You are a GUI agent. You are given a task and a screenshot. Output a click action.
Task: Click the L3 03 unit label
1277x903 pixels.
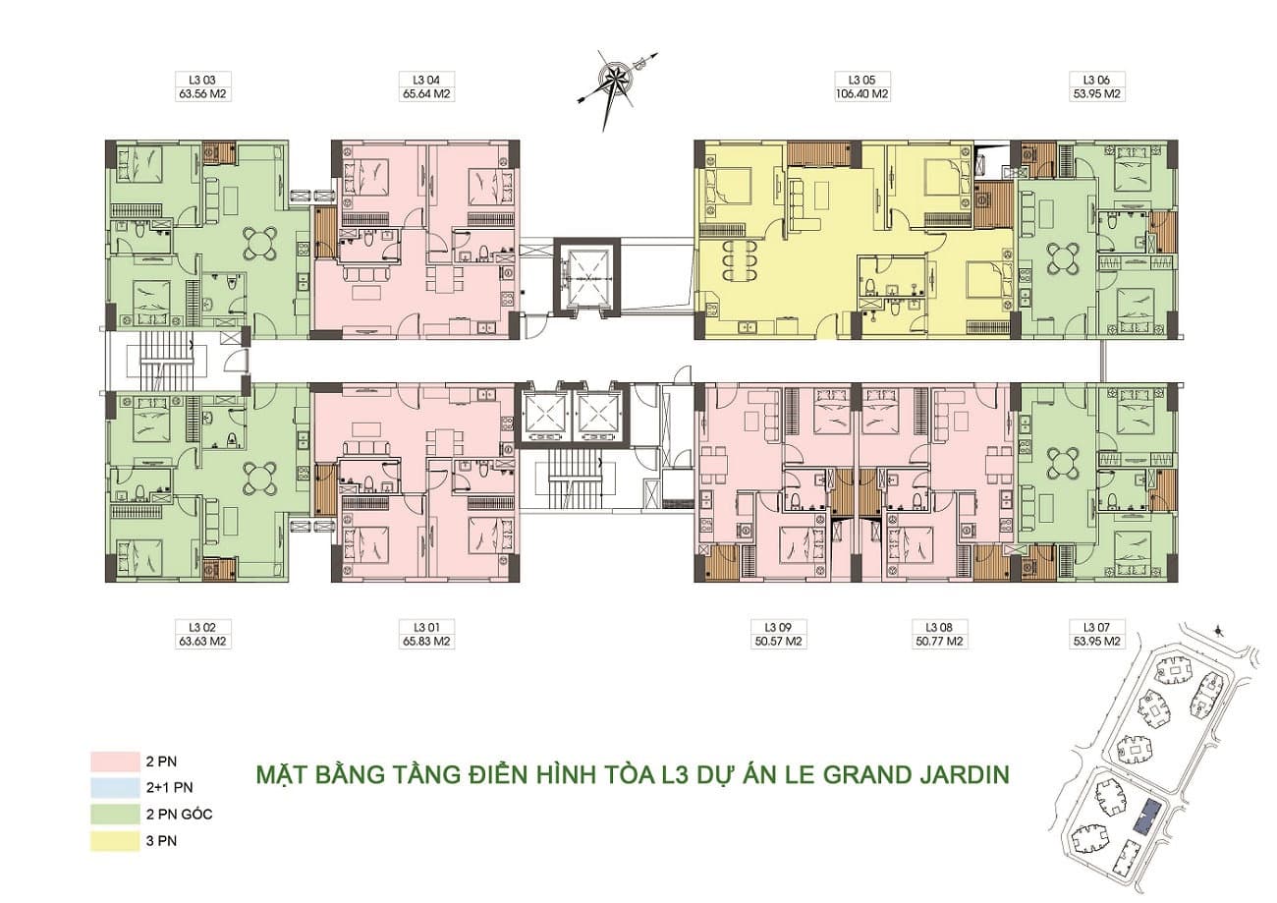tap(202, 81)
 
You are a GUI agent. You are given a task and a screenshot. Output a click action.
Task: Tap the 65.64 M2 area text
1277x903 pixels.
tap(426, 94)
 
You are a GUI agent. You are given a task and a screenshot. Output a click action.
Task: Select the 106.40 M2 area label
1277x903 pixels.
tap(861, 94)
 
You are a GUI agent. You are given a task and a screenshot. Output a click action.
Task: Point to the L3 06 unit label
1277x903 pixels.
tap(1096, 81)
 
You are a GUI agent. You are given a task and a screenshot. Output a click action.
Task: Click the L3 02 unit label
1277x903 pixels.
tap(202, 628)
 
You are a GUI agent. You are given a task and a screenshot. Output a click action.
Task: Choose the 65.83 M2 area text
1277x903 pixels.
tap(426, 642)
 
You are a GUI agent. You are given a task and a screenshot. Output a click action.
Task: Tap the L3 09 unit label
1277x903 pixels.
tap(778, 628)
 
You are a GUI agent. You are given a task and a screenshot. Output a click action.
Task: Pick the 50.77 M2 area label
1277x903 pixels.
tap(939, 642)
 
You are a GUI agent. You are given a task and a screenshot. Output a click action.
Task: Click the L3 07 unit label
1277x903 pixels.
tap(1096, 628)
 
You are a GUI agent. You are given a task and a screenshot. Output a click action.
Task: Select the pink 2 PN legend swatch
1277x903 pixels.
tap(115, 762)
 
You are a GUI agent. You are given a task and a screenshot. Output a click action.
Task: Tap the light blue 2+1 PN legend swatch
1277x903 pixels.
tap(115, 788)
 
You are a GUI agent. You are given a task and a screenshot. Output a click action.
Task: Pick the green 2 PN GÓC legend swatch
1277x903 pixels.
tap(115, 814)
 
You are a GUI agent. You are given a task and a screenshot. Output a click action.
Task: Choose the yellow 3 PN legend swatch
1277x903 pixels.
tap(115, 841)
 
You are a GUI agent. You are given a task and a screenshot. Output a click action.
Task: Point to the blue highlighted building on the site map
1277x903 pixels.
tap(1148, 817)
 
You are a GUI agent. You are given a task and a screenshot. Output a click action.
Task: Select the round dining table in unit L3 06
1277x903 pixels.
tap(1063, 258)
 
